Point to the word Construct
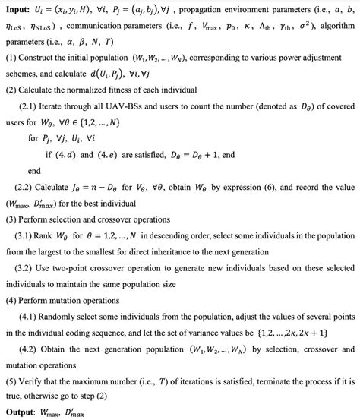pos(41,59)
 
